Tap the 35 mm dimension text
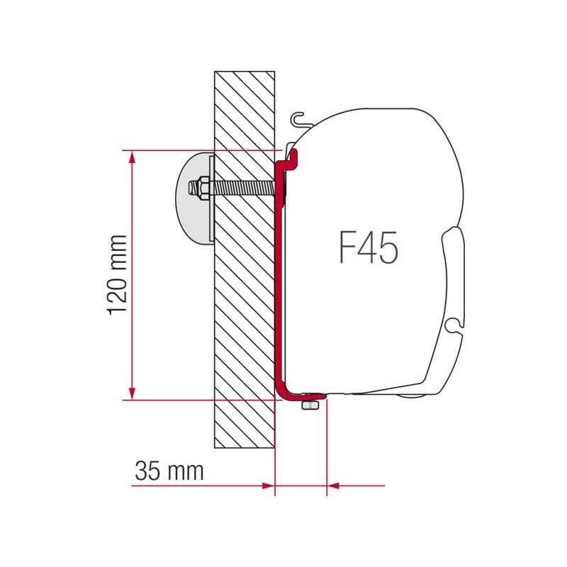(168, 471)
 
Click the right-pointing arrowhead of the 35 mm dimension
(267, 485)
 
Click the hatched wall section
(245, 319)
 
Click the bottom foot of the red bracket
(301, 394)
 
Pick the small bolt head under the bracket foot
(309, 405)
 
